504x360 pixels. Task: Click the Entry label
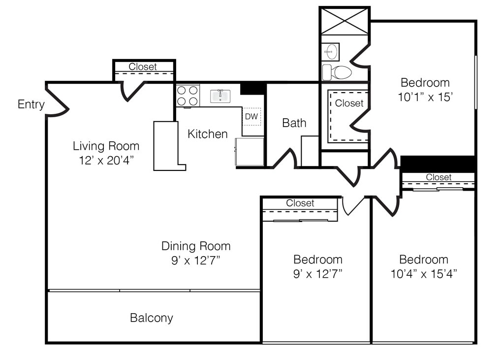[x=31, y=104]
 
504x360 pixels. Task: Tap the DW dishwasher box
[x=252, y=116]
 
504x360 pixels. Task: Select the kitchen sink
[x=220, y=96]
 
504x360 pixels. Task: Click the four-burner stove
[x=188, y=96]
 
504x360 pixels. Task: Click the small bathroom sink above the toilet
[x=331, y=52]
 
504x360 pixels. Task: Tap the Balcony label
[x=152, y=318]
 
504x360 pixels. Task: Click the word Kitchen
[x=208, y=134]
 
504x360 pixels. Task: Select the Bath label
[x=294, y=123]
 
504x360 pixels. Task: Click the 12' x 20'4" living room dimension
[x=106, y=160]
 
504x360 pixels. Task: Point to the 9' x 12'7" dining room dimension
[x=195, y=260]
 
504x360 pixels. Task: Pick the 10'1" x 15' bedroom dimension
[x=425, y=97]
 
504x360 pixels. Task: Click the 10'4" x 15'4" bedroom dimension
[x=424, y=274]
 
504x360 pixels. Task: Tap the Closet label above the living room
[x=143, y=66]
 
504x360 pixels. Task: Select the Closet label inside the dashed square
[x=349, y=103]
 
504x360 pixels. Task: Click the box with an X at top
[x=345, y=21]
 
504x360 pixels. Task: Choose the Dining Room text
[x=196, y=246]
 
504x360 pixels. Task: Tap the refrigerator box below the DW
[x=250, y=152]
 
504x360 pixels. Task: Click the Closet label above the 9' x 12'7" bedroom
[x=300, y=203]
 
